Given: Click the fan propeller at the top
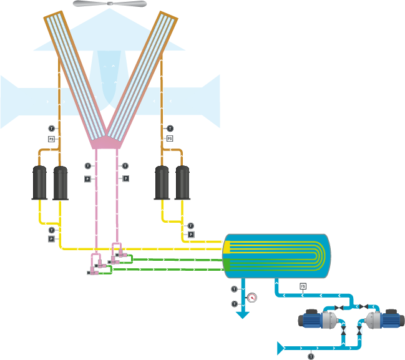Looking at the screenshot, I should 110,4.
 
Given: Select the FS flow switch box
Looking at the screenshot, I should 303,286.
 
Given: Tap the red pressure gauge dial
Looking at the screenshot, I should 251,297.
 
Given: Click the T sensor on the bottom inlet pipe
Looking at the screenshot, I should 310,356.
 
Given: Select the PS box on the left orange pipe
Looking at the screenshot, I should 52,139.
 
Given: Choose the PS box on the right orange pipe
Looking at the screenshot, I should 169,139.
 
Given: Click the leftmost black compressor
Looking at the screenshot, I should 40,182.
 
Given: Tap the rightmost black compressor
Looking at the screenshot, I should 183,182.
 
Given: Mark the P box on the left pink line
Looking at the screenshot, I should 88,178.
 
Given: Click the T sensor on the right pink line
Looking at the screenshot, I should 125,165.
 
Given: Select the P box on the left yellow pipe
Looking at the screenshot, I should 52,238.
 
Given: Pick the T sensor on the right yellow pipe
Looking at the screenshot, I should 191,225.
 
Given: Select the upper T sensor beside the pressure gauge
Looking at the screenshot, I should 234,289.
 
